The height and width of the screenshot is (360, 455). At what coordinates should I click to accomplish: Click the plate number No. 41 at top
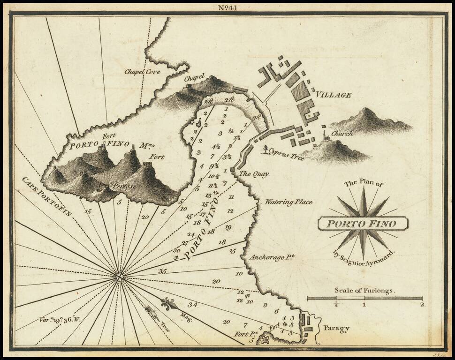(227, 7)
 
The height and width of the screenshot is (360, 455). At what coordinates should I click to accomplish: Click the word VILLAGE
(333, 95)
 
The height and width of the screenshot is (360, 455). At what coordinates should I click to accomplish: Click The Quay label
(254, 174)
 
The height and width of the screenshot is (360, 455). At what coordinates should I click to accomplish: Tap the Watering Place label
(288, 202)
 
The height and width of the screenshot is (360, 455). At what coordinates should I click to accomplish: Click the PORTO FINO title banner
(363, 224)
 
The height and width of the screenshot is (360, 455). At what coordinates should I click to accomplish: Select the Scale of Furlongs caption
(364, 290)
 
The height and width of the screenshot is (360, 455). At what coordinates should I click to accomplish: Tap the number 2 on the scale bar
(422, 305)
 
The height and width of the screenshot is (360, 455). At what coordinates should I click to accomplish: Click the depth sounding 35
(162, 271)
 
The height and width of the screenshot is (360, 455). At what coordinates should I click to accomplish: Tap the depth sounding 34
(193, 305)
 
